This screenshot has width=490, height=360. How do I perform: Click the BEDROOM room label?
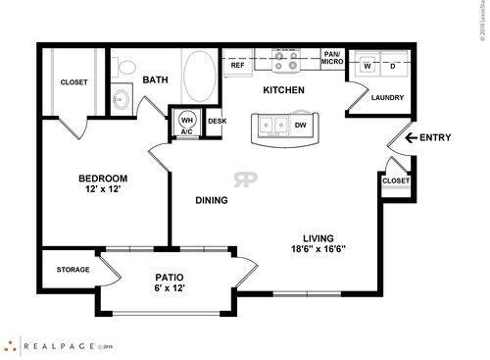pos(104,179)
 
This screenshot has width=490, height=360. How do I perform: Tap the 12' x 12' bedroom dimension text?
pos(104,190)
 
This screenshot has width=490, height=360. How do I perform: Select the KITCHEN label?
pos(283,90)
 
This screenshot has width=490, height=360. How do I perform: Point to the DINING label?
pos(212,200)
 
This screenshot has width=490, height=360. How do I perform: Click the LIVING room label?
pos(318,237)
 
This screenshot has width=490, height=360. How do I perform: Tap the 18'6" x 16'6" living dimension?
pos(318,249)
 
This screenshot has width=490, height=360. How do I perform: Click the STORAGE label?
pos(73,270)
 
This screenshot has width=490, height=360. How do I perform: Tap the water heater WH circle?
pos(187,119)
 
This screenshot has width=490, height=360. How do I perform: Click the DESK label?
pos(217,122)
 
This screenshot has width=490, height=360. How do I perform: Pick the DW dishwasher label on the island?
pos(301,126)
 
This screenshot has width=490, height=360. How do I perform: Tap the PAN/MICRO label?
pos(333,60)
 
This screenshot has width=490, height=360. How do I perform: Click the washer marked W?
pos(368,65)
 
